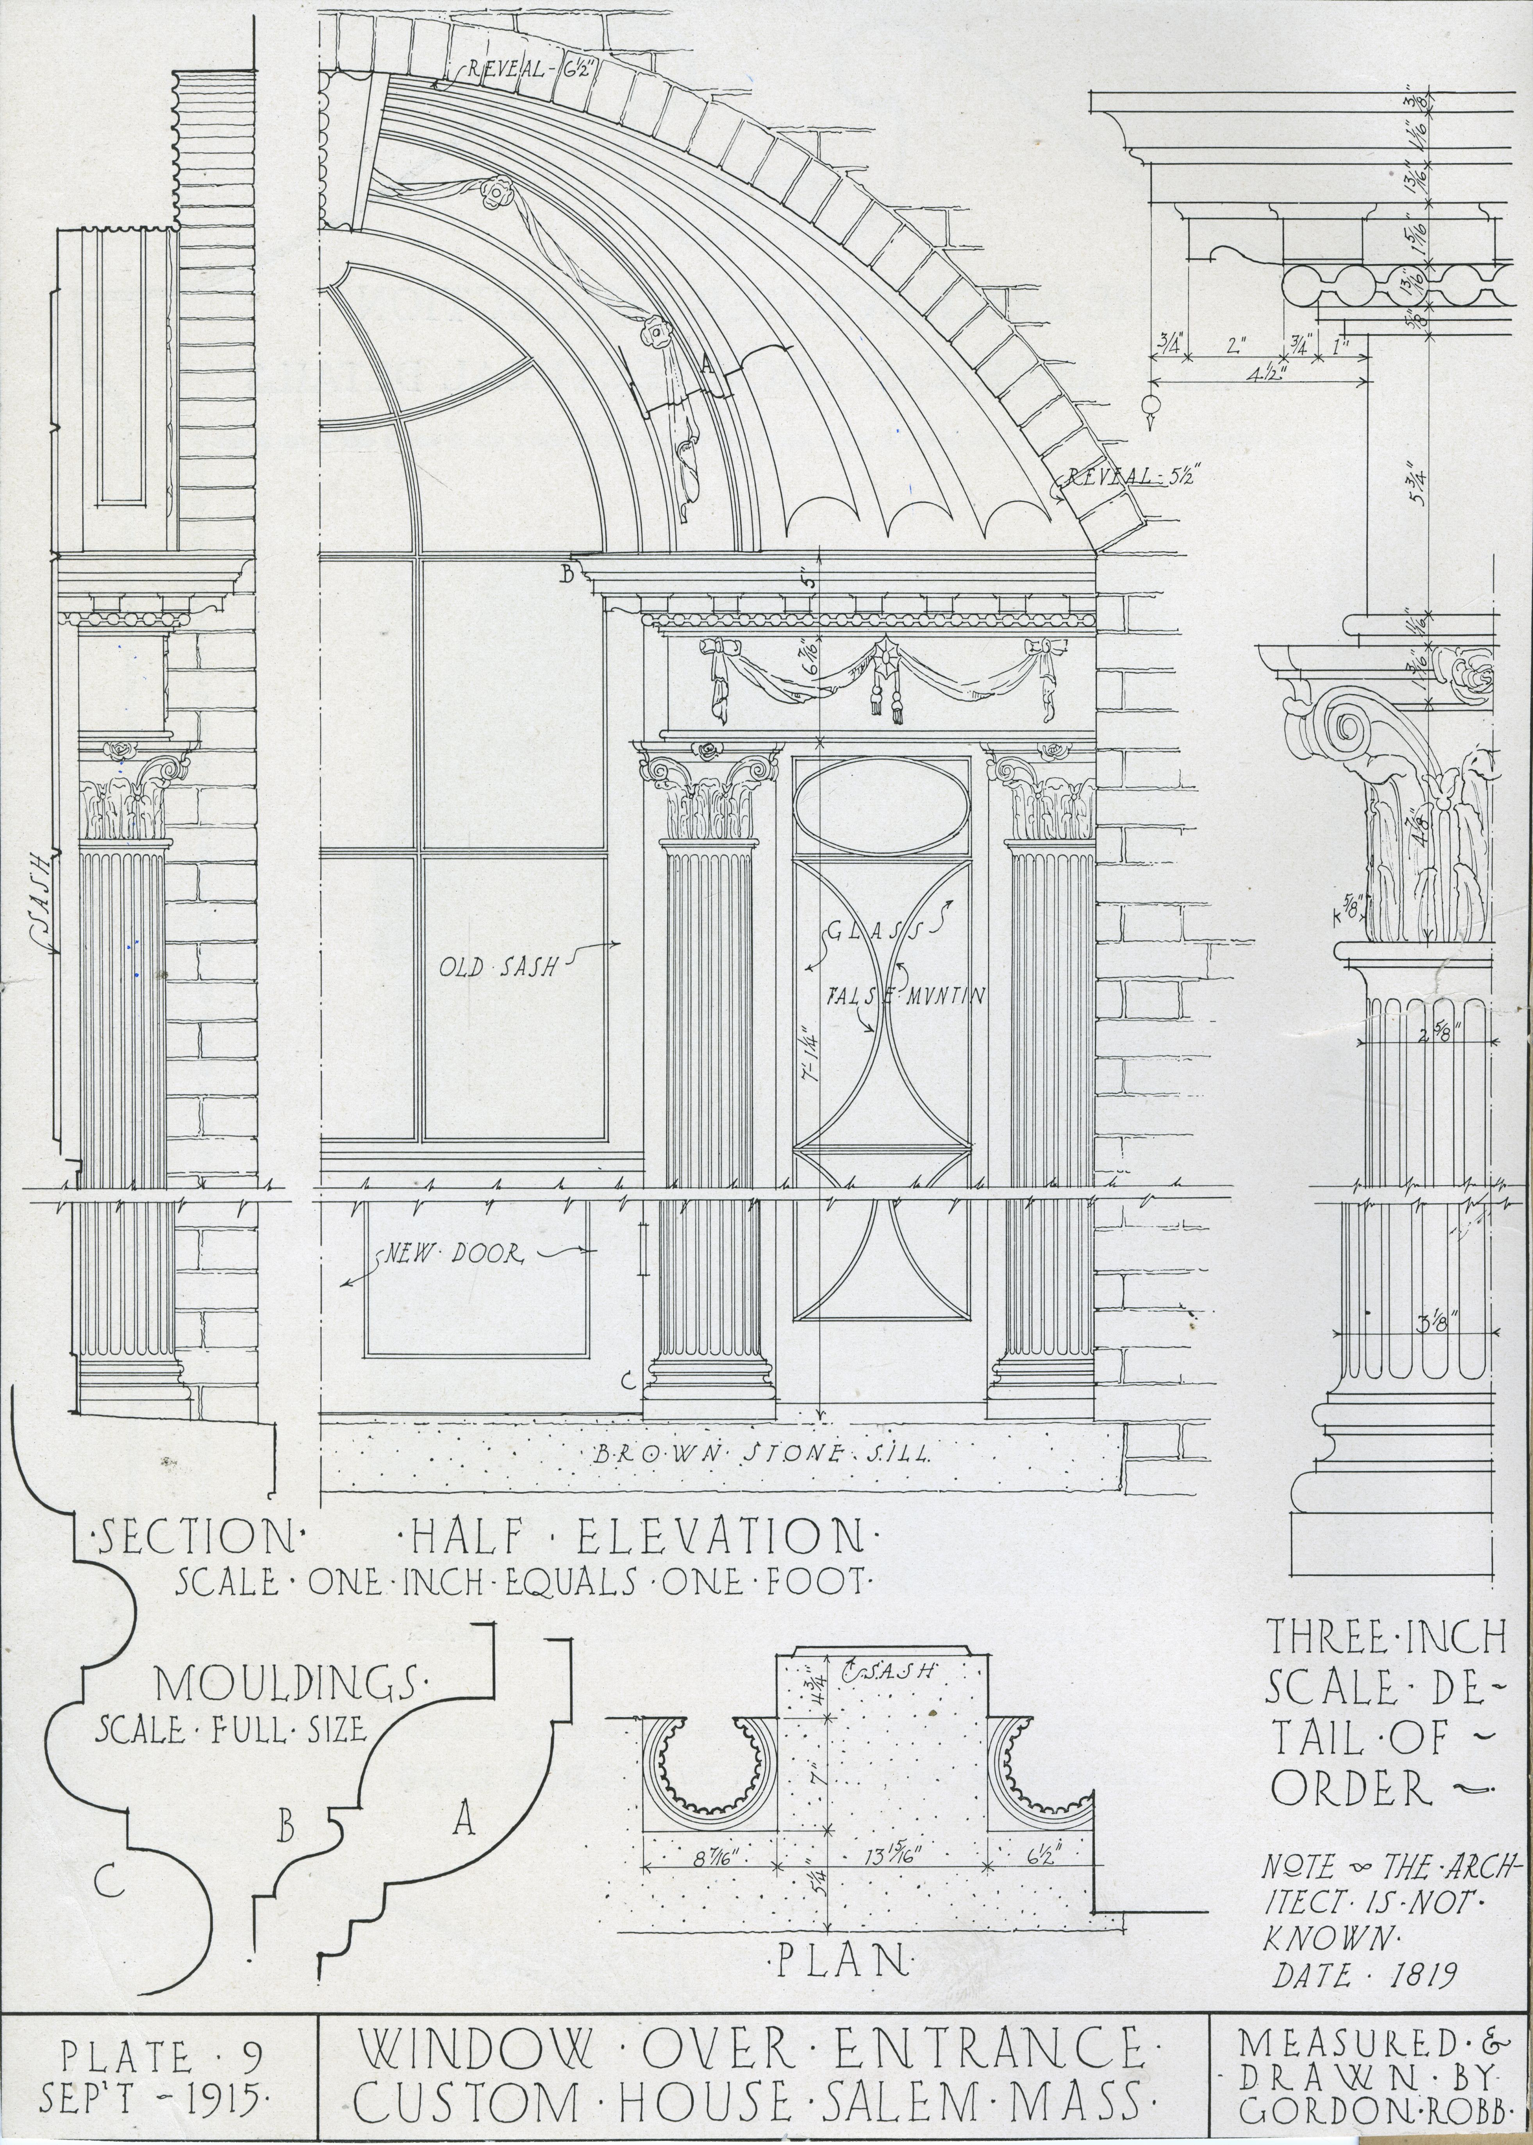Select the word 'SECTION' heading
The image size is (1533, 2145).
point(196,1537)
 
